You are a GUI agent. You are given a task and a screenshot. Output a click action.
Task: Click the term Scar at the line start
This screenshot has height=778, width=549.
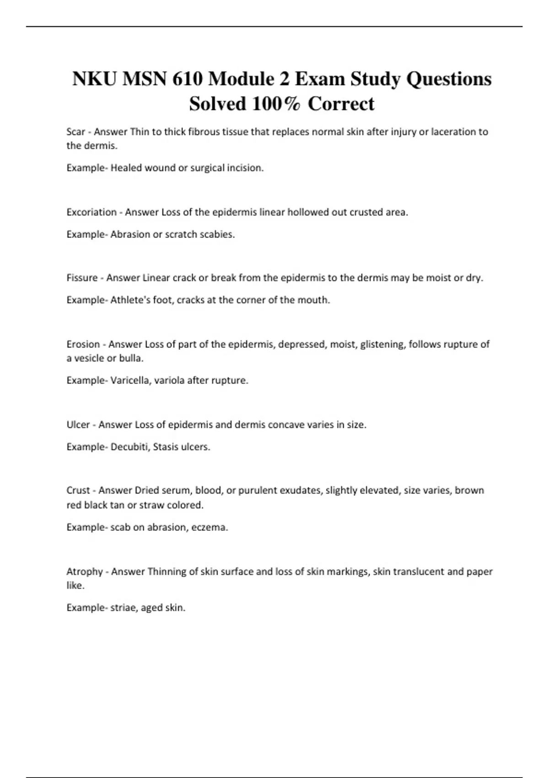(x=75, y=132)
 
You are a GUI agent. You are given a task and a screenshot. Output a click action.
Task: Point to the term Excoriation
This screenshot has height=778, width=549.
(x=91, y=212)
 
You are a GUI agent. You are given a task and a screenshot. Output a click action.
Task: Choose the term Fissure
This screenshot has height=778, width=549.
(x=82, y=278)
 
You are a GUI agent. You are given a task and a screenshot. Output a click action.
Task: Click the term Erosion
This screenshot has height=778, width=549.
(x=83, y=344)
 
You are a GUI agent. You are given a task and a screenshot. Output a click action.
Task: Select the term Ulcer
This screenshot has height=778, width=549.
(x=78, y=425)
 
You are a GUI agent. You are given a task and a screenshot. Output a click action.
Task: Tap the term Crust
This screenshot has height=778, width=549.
(x=78, y=491)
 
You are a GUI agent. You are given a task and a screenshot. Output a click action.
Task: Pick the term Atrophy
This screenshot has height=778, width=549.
(x=85, y=572)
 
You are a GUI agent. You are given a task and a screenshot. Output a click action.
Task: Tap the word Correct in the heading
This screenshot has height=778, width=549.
(x=341, y=104)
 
